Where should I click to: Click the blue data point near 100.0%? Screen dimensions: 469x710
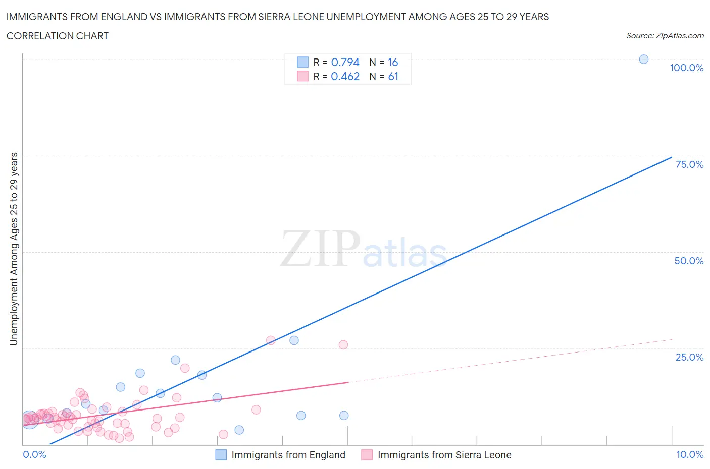[x=643, y=59]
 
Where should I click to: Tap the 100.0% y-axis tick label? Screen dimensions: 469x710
[x=686, y=68]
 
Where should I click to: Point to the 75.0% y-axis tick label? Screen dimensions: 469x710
[x=689, y=164]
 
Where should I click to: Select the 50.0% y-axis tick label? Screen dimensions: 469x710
[x=688, y=261]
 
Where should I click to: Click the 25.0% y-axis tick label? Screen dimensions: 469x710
[x=689, y=357]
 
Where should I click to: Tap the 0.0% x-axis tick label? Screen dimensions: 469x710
[x=34, y=454]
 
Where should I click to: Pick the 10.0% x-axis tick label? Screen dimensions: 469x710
[x=689, y=454]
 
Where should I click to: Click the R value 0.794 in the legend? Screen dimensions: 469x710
[x=345, y=62]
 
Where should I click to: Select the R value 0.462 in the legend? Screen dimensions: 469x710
[x=345, y=76]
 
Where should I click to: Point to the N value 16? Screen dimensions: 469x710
[x=393, y=62]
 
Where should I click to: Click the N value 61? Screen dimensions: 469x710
[x=393, y=76]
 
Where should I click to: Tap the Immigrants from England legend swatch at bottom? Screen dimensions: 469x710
[x=221, y=455]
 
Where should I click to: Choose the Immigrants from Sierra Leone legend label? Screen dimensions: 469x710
[x=444, y=455]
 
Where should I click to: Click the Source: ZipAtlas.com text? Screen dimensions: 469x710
[x=665, y=36]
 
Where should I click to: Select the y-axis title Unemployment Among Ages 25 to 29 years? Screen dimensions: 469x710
[x=14, y=249]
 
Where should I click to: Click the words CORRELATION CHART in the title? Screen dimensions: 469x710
[x=57, y=36]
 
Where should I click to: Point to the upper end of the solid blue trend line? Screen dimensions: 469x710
[x=672, y=157]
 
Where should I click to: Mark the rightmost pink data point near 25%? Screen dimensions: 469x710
[x=343, y=345]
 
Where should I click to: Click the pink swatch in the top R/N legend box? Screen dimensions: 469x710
[x=302, y=76]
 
